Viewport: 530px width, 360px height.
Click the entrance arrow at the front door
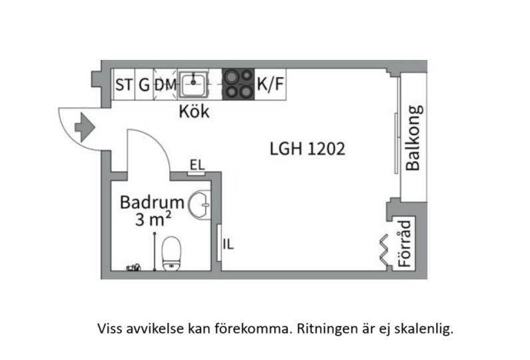point(85,128)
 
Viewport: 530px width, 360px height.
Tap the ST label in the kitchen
point(124,85)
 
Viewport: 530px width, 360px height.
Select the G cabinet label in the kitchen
point(144,85)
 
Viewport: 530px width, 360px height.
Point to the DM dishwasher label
point(166,85)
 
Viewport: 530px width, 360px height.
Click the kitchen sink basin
point(193,85)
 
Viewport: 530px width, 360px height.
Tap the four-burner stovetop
point(238,85)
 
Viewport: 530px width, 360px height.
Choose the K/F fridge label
point(270,84)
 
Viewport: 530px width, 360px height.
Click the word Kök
point(194,111)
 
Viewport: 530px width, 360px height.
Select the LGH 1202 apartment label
point(308,148)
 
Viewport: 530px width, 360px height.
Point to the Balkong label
point(413,138)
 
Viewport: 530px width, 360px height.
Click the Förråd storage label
point(405,244)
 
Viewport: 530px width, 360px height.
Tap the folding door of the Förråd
point(384,252)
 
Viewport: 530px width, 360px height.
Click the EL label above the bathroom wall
point(197,165)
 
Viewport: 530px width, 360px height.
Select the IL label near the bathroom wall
point(228,244)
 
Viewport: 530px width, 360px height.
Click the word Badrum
point(152,202)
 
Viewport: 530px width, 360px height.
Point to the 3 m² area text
point(152,219)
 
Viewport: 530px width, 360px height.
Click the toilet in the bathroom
point(171,254)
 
